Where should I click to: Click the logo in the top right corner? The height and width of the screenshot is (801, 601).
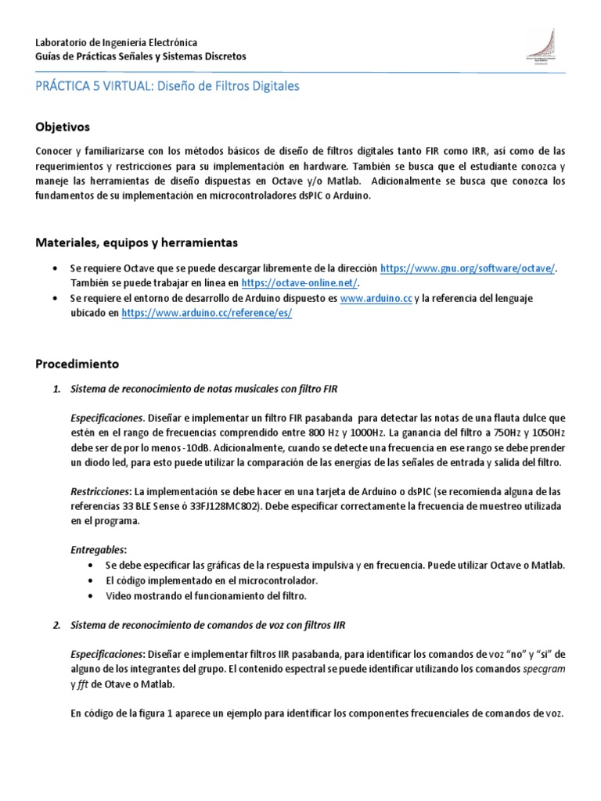tap(541, 48)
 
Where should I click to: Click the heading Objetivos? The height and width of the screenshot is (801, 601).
tap(63, 126)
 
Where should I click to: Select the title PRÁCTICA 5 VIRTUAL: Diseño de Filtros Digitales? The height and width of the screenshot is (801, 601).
tap(167, 87)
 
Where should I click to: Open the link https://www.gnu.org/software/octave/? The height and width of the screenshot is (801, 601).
tap(468, 268)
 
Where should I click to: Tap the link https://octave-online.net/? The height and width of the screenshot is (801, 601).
tap(300, 282)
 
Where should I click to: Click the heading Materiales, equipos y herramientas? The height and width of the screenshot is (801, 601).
tap(137, 242)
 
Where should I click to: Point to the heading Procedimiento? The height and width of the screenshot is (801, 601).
tap(77, 364)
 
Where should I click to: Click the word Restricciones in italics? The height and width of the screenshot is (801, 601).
tap(100, 491)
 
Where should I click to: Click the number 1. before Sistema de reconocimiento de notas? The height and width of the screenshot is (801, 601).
tap(56, 388)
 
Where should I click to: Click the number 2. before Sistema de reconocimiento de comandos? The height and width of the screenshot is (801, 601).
tap(56, 625)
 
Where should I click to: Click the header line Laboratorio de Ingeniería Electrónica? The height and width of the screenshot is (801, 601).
tap(117, 42)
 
